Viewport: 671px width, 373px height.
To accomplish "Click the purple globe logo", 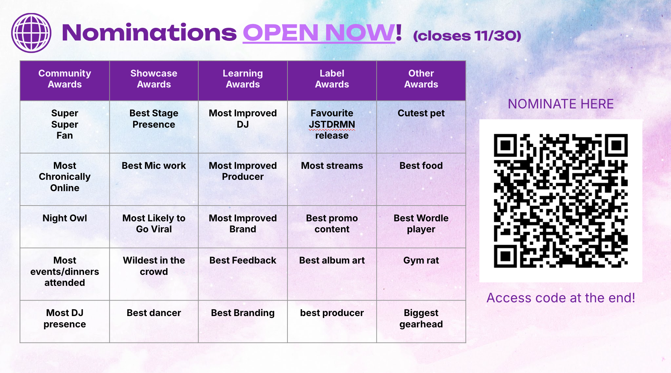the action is coord(31,33).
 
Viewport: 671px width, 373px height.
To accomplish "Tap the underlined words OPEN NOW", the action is coord(319,33).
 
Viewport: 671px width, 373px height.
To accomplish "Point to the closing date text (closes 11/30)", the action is coord(467,36).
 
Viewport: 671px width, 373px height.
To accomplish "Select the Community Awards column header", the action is coord(65,81).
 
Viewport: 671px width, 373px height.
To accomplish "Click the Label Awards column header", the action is coord(332,81).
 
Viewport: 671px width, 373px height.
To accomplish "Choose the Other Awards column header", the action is coord(421,81).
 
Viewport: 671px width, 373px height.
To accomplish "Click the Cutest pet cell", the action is coord(421,127).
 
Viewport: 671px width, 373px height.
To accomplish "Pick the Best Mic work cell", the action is coord(154,179).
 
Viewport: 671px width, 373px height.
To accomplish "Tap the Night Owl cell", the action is coord(65,227).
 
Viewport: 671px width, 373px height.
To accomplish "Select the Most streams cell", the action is coord(332,179).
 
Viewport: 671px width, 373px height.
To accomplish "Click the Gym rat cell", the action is coord(421,274).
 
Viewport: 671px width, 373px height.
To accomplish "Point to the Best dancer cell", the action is coord(154,322).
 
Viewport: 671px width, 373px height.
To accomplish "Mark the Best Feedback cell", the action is coord(243,274).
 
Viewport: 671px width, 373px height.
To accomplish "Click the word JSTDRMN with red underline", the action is coord(332,125).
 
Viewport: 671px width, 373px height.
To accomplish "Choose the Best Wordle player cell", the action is coord(421,227).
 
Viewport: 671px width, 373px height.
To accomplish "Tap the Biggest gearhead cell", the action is coord(421,322).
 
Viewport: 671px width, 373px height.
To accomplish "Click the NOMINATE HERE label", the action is coord(561,104).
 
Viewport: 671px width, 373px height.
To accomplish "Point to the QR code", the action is coord(561,201).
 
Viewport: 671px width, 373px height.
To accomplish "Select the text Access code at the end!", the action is coord(561,298).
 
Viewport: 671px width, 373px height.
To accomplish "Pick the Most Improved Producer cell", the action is coord(243,179).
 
